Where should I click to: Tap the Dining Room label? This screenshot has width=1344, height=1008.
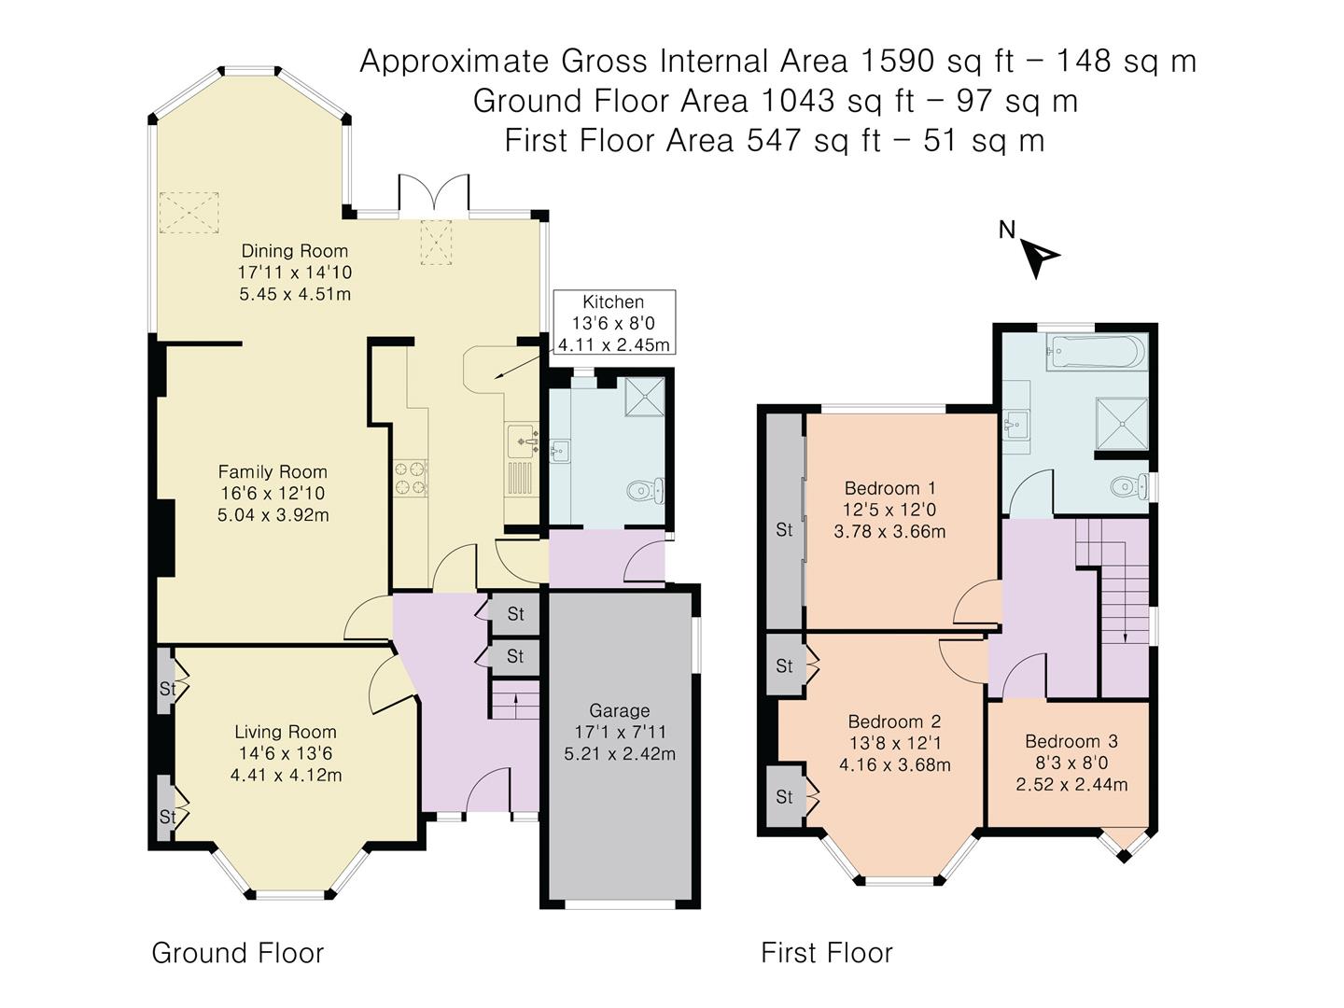[x=294, y=251]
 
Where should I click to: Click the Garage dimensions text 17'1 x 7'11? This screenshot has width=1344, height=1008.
[x=620, y=733]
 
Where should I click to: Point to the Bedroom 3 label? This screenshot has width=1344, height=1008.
[x=1071, y=742]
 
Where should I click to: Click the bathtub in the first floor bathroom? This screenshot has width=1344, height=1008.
[x=1093, y=354]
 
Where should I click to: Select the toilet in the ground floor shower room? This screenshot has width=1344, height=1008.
[x=644, y=489]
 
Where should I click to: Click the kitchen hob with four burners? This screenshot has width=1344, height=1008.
[x=411, y=477]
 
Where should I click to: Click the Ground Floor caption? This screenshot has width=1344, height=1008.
[x=237, y=953]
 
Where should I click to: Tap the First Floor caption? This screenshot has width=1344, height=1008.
[x=826, y=953]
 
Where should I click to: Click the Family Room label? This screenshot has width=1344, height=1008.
[x=273, y=472]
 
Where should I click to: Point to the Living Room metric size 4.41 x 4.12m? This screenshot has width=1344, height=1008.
[x=286, y=775]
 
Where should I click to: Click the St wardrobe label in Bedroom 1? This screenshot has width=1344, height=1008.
[x=784, y=530]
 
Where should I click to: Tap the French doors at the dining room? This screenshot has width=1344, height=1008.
[x=433, y=194]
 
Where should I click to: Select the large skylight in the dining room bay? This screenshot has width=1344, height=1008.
[x=189, y=212]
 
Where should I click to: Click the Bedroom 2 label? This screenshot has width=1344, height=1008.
[x=894, y=722]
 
